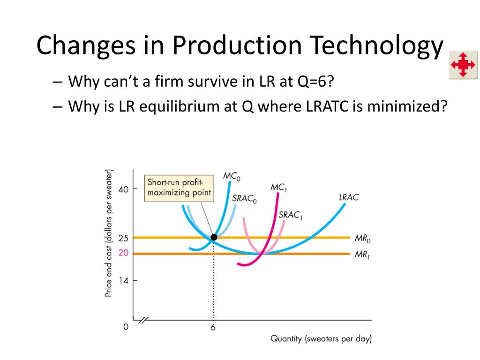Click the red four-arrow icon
click(462, 64)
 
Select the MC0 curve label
click(232, 176)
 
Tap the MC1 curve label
click(278, 187)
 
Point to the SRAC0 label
click(245, 198)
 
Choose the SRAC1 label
click(291, 215)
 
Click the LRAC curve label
click(348, 197)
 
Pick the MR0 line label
click(362, 238)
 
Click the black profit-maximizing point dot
click(214, 237)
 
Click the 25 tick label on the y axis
click(123, 238)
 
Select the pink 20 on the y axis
click(123, 254)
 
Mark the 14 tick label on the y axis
click(123, 281)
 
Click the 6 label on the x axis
click(213, 328)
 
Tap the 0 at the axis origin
click(126, 327)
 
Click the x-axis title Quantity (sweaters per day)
click(321, 338)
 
